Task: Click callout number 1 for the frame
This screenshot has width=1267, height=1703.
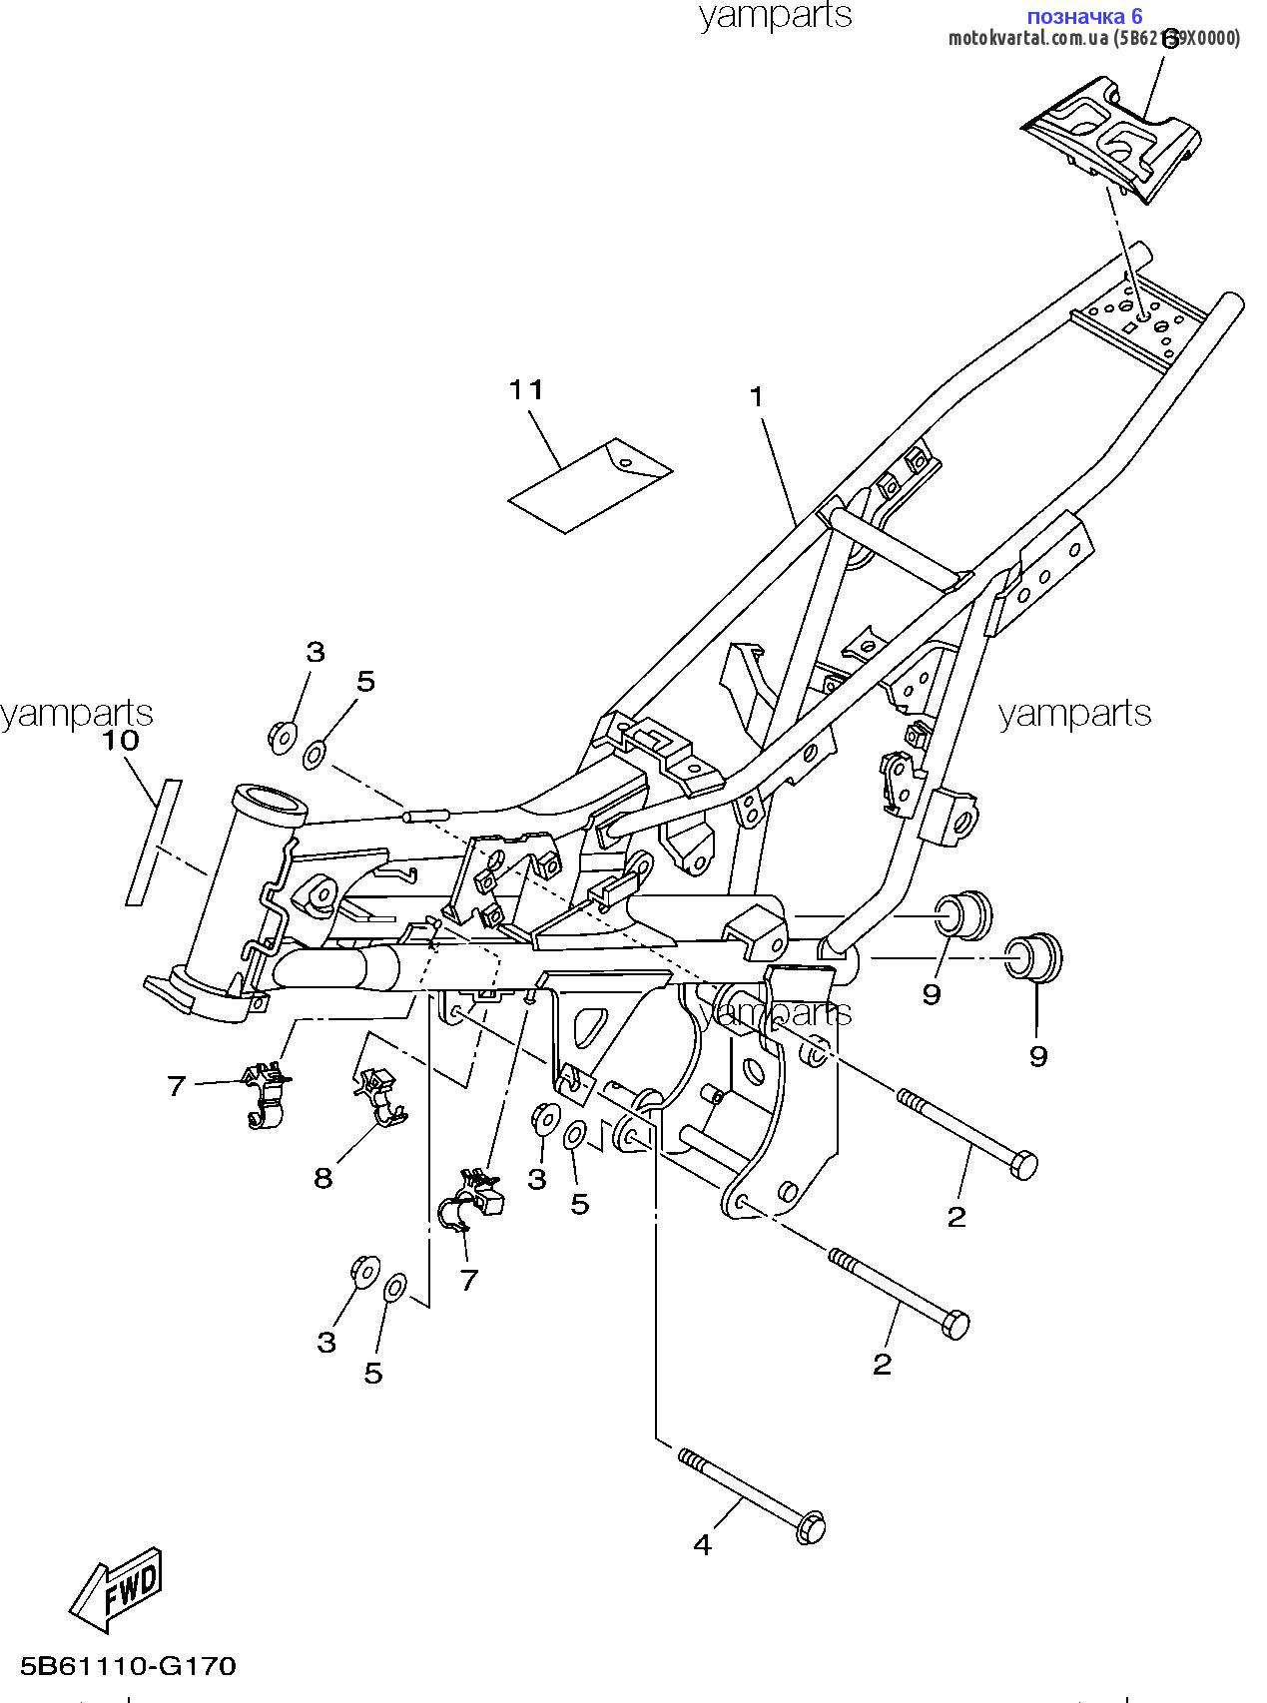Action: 757,397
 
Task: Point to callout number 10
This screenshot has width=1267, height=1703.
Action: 119,741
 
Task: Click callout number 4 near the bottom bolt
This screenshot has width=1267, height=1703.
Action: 703,1545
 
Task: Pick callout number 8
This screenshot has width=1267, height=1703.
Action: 322,1178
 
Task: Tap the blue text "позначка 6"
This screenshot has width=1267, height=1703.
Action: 1084,16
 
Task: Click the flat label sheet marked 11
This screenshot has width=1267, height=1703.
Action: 590,485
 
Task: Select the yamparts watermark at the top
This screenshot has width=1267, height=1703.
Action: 775,15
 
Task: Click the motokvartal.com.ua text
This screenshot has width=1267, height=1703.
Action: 1028,38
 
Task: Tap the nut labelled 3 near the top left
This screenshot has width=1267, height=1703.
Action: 281,736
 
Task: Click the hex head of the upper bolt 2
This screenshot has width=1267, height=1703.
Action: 1023,1164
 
